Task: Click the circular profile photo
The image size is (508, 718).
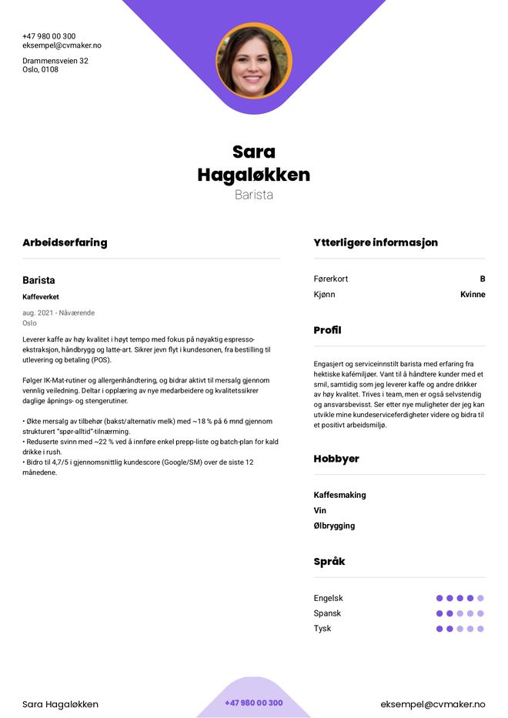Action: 254,61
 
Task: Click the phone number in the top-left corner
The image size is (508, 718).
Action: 48,36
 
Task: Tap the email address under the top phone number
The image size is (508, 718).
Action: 62,45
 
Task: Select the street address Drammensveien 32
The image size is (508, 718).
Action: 55,61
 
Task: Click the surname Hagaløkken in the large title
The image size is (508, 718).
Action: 254,175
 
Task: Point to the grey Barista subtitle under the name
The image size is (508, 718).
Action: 254,195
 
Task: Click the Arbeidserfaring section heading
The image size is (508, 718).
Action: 65,242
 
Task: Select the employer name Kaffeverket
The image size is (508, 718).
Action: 41,297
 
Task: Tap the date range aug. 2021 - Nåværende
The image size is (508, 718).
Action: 58,313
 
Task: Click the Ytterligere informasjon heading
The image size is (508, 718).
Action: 376,242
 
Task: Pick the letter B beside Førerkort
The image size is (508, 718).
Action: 483,279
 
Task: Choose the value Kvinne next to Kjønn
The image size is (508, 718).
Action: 473,295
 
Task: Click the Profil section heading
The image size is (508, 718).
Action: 327,330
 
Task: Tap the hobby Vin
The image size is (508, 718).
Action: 320,510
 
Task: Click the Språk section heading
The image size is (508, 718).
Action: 329,562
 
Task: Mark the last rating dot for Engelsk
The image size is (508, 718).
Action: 480,598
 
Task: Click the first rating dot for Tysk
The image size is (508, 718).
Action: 439,629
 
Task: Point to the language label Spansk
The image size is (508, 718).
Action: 327,613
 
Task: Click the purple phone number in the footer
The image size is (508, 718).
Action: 254,703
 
